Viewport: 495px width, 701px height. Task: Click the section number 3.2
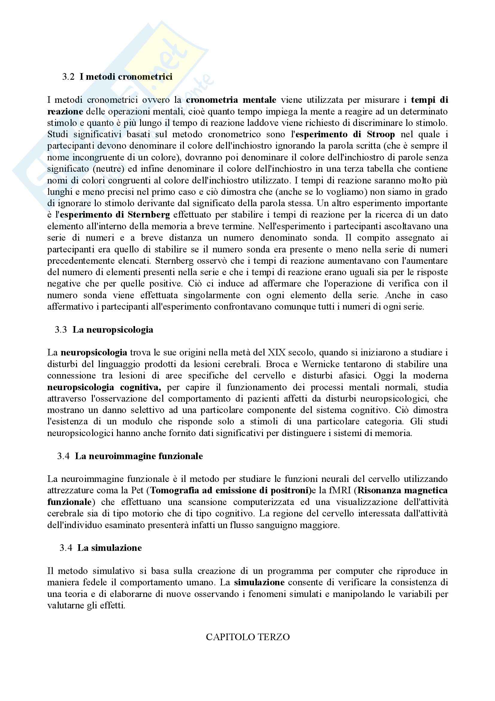click(x=68, y=77)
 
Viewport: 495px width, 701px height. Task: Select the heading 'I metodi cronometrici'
click(x=126, y=77)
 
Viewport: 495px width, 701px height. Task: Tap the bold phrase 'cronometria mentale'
click(x=231, y=100)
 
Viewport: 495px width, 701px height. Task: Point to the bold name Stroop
click(x=381, y=134)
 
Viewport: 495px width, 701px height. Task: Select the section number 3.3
click(x=61, y=330)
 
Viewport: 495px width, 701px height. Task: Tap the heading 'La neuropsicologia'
click(x=113, y=330)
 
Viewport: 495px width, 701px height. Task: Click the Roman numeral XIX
click(x=277, y=353)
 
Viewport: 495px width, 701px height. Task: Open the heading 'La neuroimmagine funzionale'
click(x=139, y=456)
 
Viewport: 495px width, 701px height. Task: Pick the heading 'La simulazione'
click(x=110, y=548)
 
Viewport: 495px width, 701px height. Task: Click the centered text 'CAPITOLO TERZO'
click(x=248, y=637)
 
